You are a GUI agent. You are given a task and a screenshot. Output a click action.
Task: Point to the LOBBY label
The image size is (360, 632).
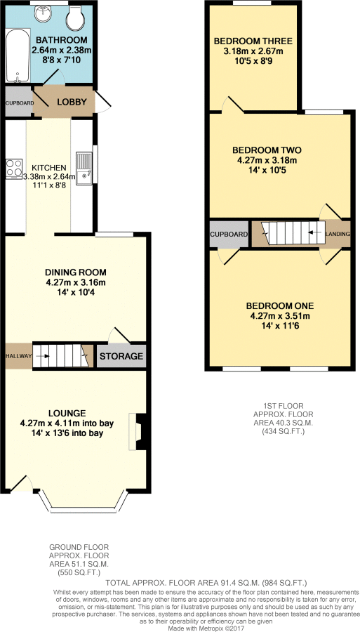click(x=72, y=102)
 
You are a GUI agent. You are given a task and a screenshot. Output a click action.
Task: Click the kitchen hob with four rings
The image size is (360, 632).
click(x=15, y=168)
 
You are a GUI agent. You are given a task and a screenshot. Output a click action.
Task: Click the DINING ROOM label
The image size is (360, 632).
click(x=74, y=272)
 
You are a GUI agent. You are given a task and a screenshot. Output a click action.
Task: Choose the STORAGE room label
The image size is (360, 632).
click(x=121, y=357)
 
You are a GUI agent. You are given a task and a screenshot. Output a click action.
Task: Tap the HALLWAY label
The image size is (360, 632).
click(x=18, y=357)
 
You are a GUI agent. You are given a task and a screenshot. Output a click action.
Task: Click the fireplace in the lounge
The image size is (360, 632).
click(x=138, y=431)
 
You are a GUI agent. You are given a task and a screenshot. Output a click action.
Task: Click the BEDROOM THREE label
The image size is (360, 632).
click(x=253, y=41)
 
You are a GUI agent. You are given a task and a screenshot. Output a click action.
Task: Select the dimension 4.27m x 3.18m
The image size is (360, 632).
click(x=267, y=160)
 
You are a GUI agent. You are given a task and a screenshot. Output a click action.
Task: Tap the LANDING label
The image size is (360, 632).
click(x=338, y=234)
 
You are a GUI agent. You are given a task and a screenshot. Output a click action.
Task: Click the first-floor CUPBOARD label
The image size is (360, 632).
click(x=229, y=234)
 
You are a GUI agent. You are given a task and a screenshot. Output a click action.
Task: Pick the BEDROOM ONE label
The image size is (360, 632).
click(x=279, y=305)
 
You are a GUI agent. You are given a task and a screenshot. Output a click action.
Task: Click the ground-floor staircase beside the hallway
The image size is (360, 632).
click(x=63, y=357)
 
